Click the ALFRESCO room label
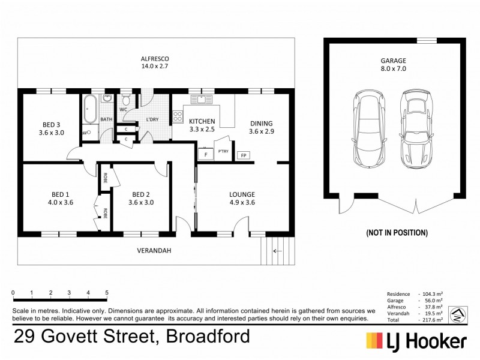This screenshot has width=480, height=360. [x=155, y=58]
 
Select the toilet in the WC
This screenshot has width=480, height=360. [x=126, y=98]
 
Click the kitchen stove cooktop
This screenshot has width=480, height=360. [x=178, y=117]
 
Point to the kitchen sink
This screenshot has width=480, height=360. [x=202, y=100]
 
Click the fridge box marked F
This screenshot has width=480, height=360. [x=206, y=155]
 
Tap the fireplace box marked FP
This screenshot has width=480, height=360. [x=244, y=155]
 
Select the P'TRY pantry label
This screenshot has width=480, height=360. [x=223, y=151]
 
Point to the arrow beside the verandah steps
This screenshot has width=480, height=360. [x=278, y=251]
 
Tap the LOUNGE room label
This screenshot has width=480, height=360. [x=242, y=194]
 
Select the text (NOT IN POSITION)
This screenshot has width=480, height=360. [x=396, y=232]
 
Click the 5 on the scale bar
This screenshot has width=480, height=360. [x=107, y=293]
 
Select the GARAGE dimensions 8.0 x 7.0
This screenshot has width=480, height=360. [x=393, y=69]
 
